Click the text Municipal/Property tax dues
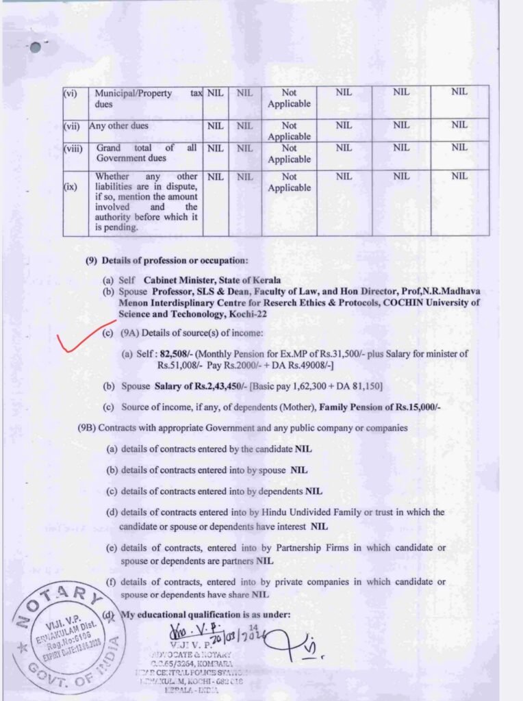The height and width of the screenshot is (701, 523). click(x=146, y=99)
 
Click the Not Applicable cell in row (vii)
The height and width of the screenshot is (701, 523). click(x=289, y=131)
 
